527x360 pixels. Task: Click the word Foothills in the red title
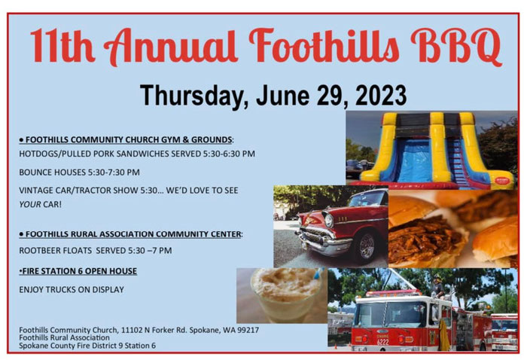click(x=324, y=46)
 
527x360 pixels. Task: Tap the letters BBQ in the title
click(x=456, y=47)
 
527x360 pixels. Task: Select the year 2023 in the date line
click(x=381, y=96)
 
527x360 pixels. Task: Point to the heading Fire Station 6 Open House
click(x=79, y=271)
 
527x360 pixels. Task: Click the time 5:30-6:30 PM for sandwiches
click(x=229, y=154)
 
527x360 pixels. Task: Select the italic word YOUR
click(x=30, y=204)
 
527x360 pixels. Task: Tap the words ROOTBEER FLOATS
click(x=56, y=251)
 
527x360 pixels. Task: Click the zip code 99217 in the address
click(x=248, y=330)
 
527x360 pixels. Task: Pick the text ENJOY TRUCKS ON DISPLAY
click(x=72, y=289)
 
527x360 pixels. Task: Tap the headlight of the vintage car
click(x=329, y=221)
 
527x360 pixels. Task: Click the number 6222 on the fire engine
click(x=382, y=342)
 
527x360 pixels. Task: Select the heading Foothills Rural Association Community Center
click(x=131, y=234)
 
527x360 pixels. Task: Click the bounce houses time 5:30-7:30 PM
click(x=114, y=172)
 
